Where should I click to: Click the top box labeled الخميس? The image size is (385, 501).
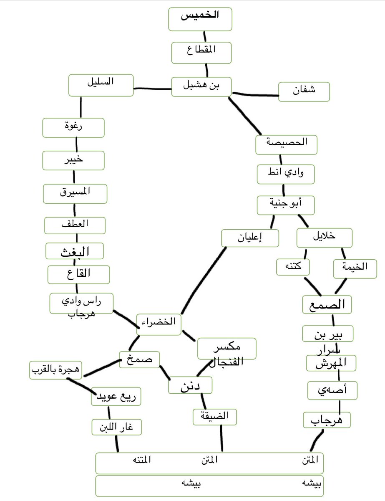pos(201,19)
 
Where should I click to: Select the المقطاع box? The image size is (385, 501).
pos(201,52)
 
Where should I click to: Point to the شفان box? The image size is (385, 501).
pos(304,92)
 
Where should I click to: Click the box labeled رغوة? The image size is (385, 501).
pos(73,128)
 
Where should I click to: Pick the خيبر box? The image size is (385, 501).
pos(73,161)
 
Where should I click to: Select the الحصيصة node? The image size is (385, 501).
pos(286,145)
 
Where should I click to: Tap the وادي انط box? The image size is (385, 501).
pos(285,174)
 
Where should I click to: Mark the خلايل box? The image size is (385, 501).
pos(325,238)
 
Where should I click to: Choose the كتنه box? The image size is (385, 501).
pos(293,267)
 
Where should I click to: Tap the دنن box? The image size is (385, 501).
pos(190,385)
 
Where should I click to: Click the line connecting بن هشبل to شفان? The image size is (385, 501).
pos(255,94)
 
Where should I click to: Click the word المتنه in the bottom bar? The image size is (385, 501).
pos(141,460)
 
